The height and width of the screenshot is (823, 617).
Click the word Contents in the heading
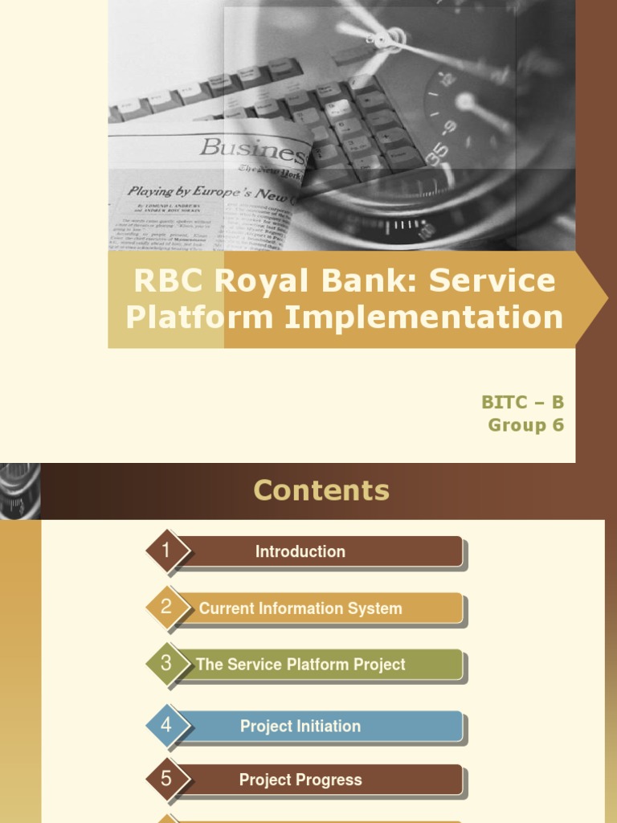coord(321,490)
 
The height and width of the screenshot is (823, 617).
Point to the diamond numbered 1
coord(167,551)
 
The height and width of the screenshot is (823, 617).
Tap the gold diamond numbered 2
coord(167,608)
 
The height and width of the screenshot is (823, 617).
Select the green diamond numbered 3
coord(167,664)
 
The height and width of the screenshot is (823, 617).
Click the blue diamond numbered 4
coord(167,726)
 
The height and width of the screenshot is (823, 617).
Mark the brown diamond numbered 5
coord(167,779)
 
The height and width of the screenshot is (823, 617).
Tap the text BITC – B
coord(522,403)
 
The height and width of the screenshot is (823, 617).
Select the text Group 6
coord(525,425)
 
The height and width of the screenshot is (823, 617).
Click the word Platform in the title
coord(200,317)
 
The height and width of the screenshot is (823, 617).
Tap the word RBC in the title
coord(164,281)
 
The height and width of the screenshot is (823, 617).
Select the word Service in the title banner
coord(492,281)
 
